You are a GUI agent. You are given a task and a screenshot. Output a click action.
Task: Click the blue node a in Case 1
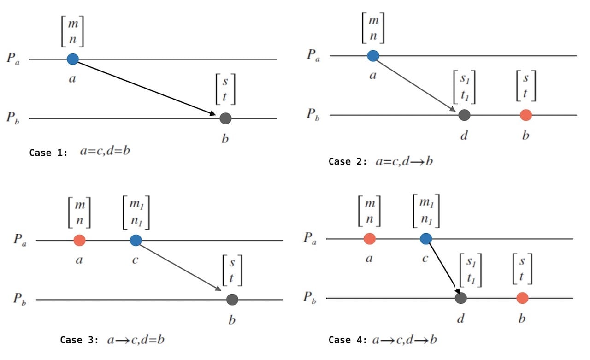(72, 59)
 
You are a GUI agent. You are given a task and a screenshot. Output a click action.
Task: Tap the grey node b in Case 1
(225, 118)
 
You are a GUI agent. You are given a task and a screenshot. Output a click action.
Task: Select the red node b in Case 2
(525, 115)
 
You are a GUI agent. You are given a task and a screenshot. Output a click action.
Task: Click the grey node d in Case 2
(464, 115)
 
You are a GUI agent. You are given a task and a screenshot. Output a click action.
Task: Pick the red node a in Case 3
(79, 240)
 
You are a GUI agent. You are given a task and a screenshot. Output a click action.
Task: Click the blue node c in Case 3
(136, 240)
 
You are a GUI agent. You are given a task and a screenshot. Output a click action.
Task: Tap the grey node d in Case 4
(460, 298)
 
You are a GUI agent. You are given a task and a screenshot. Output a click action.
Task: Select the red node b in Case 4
(522, 298)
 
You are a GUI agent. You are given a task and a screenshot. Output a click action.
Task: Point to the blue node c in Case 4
(426, 239)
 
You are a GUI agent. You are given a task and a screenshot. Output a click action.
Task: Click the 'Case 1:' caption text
(48, 153)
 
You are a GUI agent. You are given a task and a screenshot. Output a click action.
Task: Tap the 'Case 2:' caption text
(348, 162)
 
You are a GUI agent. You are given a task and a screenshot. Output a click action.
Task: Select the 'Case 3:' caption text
(79, 340)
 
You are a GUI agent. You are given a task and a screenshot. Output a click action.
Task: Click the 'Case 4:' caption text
(348, 340)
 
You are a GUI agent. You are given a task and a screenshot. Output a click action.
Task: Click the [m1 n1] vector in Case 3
(136, 212)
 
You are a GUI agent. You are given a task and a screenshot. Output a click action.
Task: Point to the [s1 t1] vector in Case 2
(464, 87)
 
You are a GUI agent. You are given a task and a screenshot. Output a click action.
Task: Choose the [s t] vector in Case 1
(225, 89)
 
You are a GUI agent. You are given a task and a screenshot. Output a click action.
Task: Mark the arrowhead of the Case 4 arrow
(458, 290)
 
